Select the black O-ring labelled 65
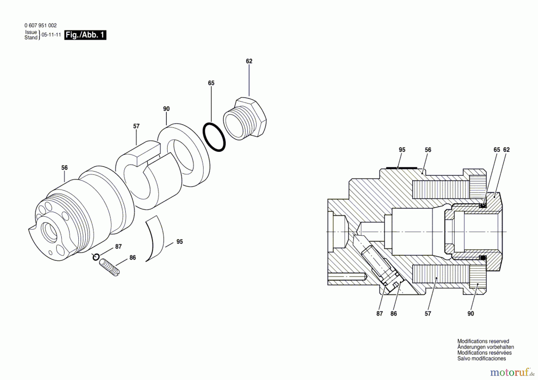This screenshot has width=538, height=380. [x=214, y=137]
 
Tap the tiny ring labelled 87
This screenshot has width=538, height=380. [x=95, y=257]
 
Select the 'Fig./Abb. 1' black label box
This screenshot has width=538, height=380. [x=85, y=35]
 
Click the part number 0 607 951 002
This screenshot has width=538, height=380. [x=40, y=26]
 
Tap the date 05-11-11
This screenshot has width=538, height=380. [x=51, y=35]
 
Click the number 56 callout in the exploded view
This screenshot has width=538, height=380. [x=65, y=168]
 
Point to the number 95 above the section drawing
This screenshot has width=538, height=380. [x=402, y=150]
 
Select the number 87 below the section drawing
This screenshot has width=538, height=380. [x=380, y=314]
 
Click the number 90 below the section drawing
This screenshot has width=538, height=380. [x=471, y=314]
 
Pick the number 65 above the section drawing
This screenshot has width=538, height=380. [x=496, y=150]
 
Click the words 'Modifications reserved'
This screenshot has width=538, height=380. [x=483, y=341]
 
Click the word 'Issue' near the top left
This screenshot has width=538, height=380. [x=31, y=32]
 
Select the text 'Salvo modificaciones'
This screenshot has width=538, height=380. [x=482, y=358]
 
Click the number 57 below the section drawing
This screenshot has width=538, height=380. [x=428, y=314]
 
